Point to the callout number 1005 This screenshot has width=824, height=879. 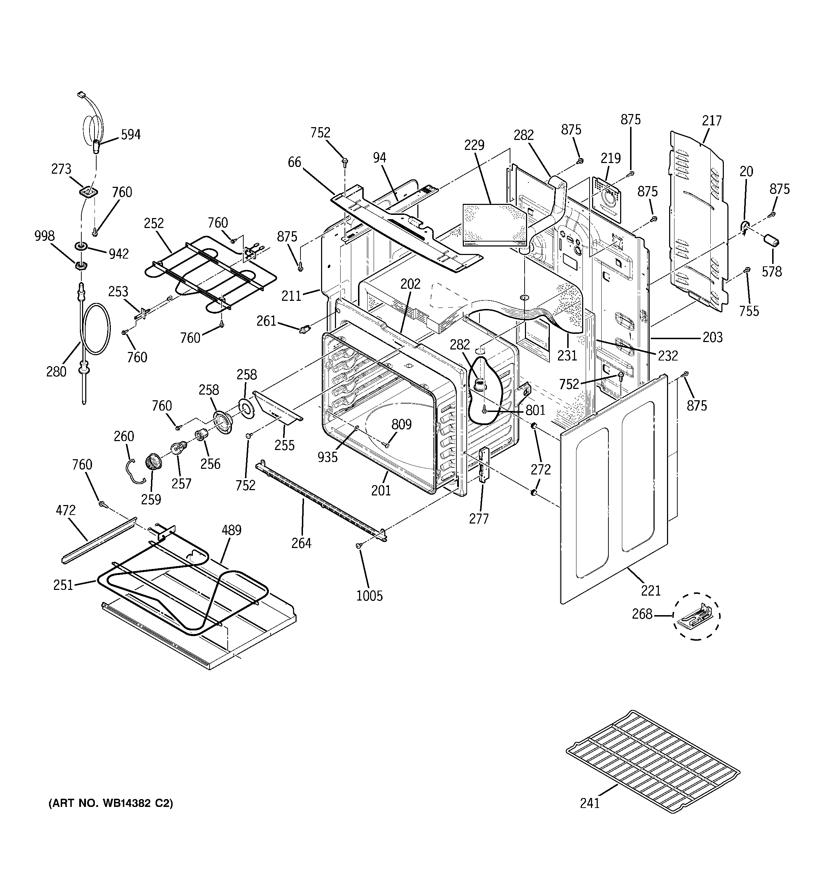[x=369, y=596]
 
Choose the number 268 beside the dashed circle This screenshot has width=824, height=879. [x=642, y=614]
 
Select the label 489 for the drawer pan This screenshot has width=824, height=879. [x=231, y=530]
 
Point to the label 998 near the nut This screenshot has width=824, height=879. [x=45, y=236]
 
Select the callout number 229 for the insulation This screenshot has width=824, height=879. [x=474, y=145]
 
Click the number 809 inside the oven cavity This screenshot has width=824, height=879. [x=401, y=424]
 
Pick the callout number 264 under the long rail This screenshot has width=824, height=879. [x=301, y=543]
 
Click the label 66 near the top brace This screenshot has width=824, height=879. [x=294, y=162]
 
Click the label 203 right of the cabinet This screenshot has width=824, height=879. [x=712, y=337]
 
